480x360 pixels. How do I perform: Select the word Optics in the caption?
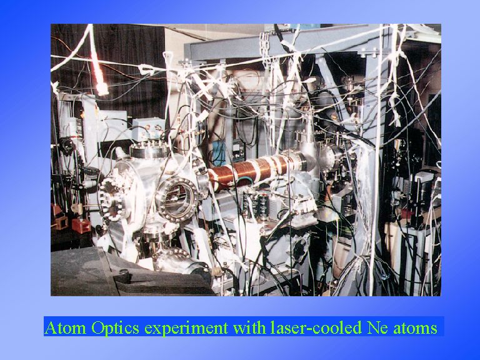[116, 328]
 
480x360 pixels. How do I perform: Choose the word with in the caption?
[249, 327]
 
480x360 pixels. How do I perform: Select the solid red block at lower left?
[81, 226]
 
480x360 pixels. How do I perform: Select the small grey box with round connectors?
[148, 129]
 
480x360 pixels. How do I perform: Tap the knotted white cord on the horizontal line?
[146, 69]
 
